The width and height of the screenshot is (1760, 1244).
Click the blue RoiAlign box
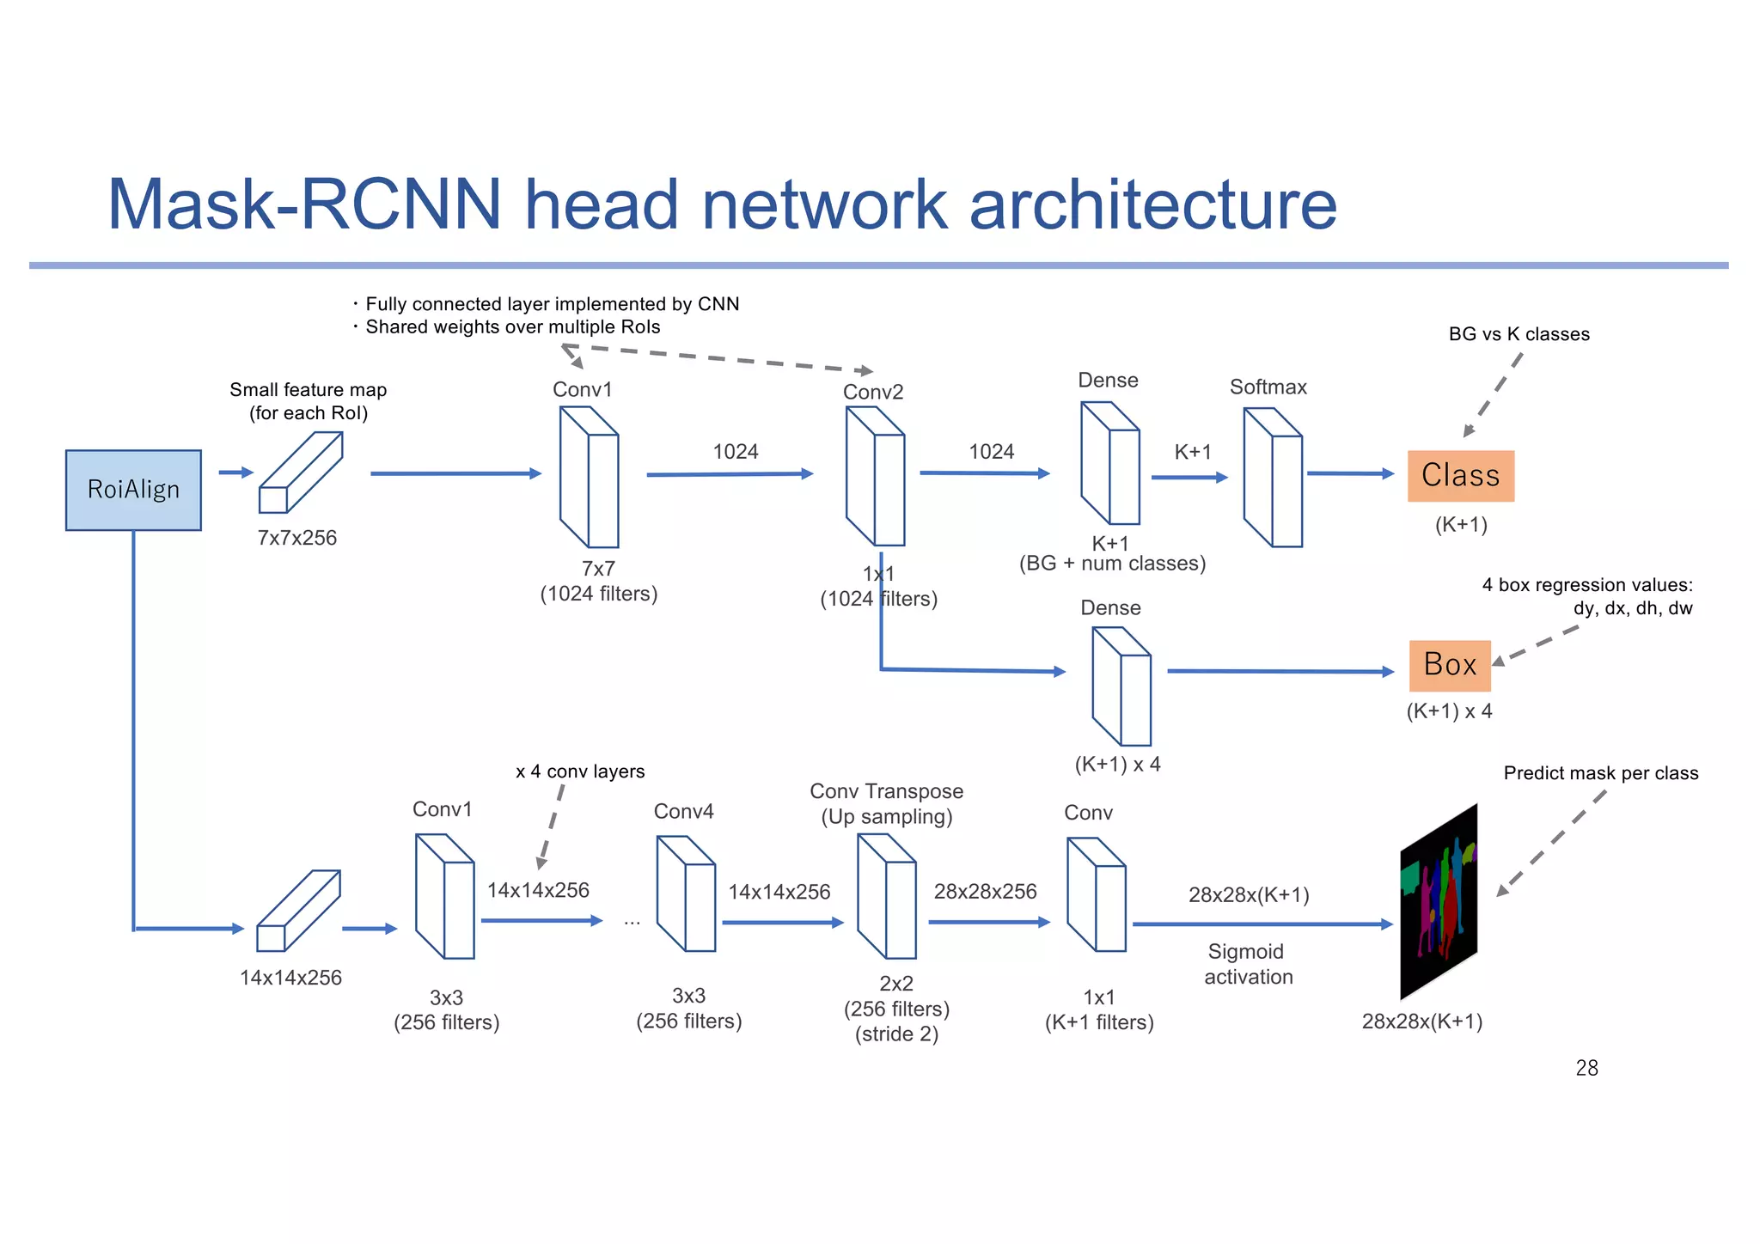pos(133,490)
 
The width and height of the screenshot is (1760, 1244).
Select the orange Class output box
pos(1460,476)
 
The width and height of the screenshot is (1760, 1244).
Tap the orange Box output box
pos(1449,665)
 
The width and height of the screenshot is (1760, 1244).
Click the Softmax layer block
pos(1274,478)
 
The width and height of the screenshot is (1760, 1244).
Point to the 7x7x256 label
pos(297,538)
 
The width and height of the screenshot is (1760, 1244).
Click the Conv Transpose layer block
pos(887,896)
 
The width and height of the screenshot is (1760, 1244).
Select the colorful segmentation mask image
pos(1439,902)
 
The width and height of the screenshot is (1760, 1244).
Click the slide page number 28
pos(1586,1068)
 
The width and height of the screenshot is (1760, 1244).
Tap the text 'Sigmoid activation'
pos(1247,964)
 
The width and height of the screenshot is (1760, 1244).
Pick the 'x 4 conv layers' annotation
pos(580,771)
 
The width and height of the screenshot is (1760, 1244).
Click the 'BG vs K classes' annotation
pos(1519,334)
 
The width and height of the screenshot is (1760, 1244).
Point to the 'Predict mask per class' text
pos(1600,773)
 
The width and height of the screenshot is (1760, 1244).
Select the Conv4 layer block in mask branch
pos(686,894)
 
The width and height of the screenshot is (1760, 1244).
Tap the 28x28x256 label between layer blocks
pos(985,892)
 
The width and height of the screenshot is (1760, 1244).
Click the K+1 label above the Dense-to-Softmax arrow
pos(1192,452)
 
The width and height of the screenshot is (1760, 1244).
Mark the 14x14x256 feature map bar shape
pos(298,911)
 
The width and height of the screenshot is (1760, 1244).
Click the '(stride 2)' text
pos(895,1034)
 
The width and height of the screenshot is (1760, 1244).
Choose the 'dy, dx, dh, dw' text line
pos(1632,608)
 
